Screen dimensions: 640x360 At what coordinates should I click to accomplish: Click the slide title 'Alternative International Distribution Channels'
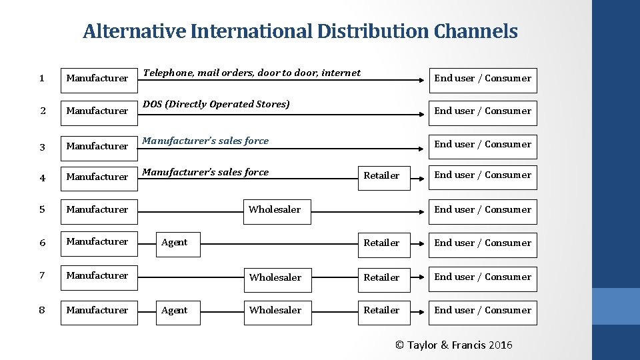[x=300, y=31]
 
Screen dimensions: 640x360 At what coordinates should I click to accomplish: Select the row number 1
[x=41, y=78]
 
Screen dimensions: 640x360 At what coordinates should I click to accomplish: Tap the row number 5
[x=41, y=209]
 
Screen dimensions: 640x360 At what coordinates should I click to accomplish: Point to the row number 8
[x=41, y=310]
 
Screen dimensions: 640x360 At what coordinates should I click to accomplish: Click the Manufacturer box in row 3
[x=98, y=145]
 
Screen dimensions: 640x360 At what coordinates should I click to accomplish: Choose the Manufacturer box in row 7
[x=98, y=275]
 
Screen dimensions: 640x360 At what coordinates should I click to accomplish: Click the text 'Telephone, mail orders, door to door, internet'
[x=252, y=73]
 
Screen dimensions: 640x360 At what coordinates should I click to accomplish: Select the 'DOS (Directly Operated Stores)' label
[x=217, y=104]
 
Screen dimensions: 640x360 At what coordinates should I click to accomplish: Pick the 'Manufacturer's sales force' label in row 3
[x=206, y=141]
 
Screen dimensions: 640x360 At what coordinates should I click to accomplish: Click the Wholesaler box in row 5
[x=275, y=210]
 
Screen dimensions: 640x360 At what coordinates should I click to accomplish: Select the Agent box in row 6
[x=175, y=243]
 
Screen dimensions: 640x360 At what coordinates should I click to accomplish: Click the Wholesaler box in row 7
[x=276, y=277]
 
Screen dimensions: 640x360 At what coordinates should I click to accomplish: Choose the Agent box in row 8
[x=175, y=310]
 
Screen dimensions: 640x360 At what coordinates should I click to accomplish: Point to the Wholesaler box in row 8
[x=276, y=310]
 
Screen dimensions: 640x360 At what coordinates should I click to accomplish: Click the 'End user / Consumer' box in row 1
[x=483, y=79]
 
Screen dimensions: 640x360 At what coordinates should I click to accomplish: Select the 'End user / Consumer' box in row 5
[x=483, y=209]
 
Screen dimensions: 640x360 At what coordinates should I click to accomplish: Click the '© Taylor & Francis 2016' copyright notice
[x=454, y=345]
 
